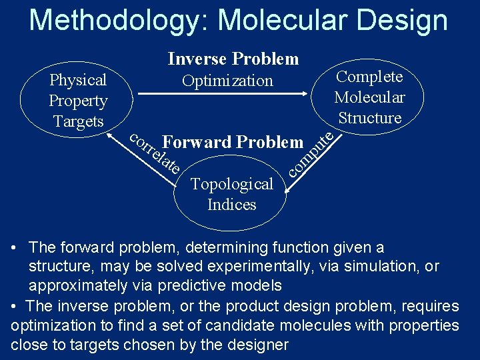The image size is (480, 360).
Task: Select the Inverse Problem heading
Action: click(x=233, y=59)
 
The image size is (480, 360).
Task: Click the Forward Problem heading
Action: click(x=233, y=142)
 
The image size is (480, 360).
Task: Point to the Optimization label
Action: click(x=227, y=81)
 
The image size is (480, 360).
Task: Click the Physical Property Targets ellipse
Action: click(x=78, y=100)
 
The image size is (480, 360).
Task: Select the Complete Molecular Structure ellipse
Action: click(x=369, y=97)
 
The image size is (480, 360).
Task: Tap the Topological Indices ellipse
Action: click(x=231, y=194)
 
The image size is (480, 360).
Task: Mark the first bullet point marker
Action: click(x=15, y=248)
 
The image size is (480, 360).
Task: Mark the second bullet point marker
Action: click(x=15, y=307)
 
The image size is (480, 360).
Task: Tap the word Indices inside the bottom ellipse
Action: click(x=231, y=205)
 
